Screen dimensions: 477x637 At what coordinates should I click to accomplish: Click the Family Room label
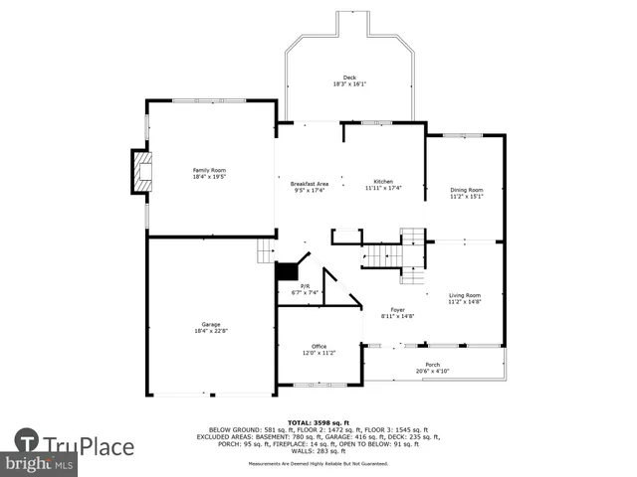click(x=209, y=170)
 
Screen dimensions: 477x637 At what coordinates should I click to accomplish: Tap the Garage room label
click(x=210, y=324)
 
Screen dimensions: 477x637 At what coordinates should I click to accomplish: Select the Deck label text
click(x=349, y=78)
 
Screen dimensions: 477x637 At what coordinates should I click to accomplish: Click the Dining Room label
click(x=466, y=190)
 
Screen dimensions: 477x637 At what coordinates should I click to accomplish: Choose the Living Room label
click(x=465, y=295)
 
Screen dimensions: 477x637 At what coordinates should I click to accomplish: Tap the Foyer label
click(x=397, y=310)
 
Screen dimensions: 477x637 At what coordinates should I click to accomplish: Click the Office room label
click(x=318, y=346)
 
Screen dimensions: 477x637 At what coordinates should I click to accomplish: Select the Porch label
click(x=433, y=365)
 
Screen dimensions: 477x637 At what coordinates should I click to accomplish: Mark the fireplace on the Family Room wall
click(x=142, y=172)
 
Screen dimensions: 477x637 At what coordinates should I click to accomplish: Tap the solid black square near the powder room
click(x=288, y=270)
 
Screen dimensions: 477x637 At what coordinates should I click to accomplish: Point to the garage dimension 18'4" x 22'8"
click(x=210, y=330)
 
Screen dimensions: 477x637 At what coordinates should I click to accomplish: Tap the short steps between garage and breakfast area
click(x=265, y=251)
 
